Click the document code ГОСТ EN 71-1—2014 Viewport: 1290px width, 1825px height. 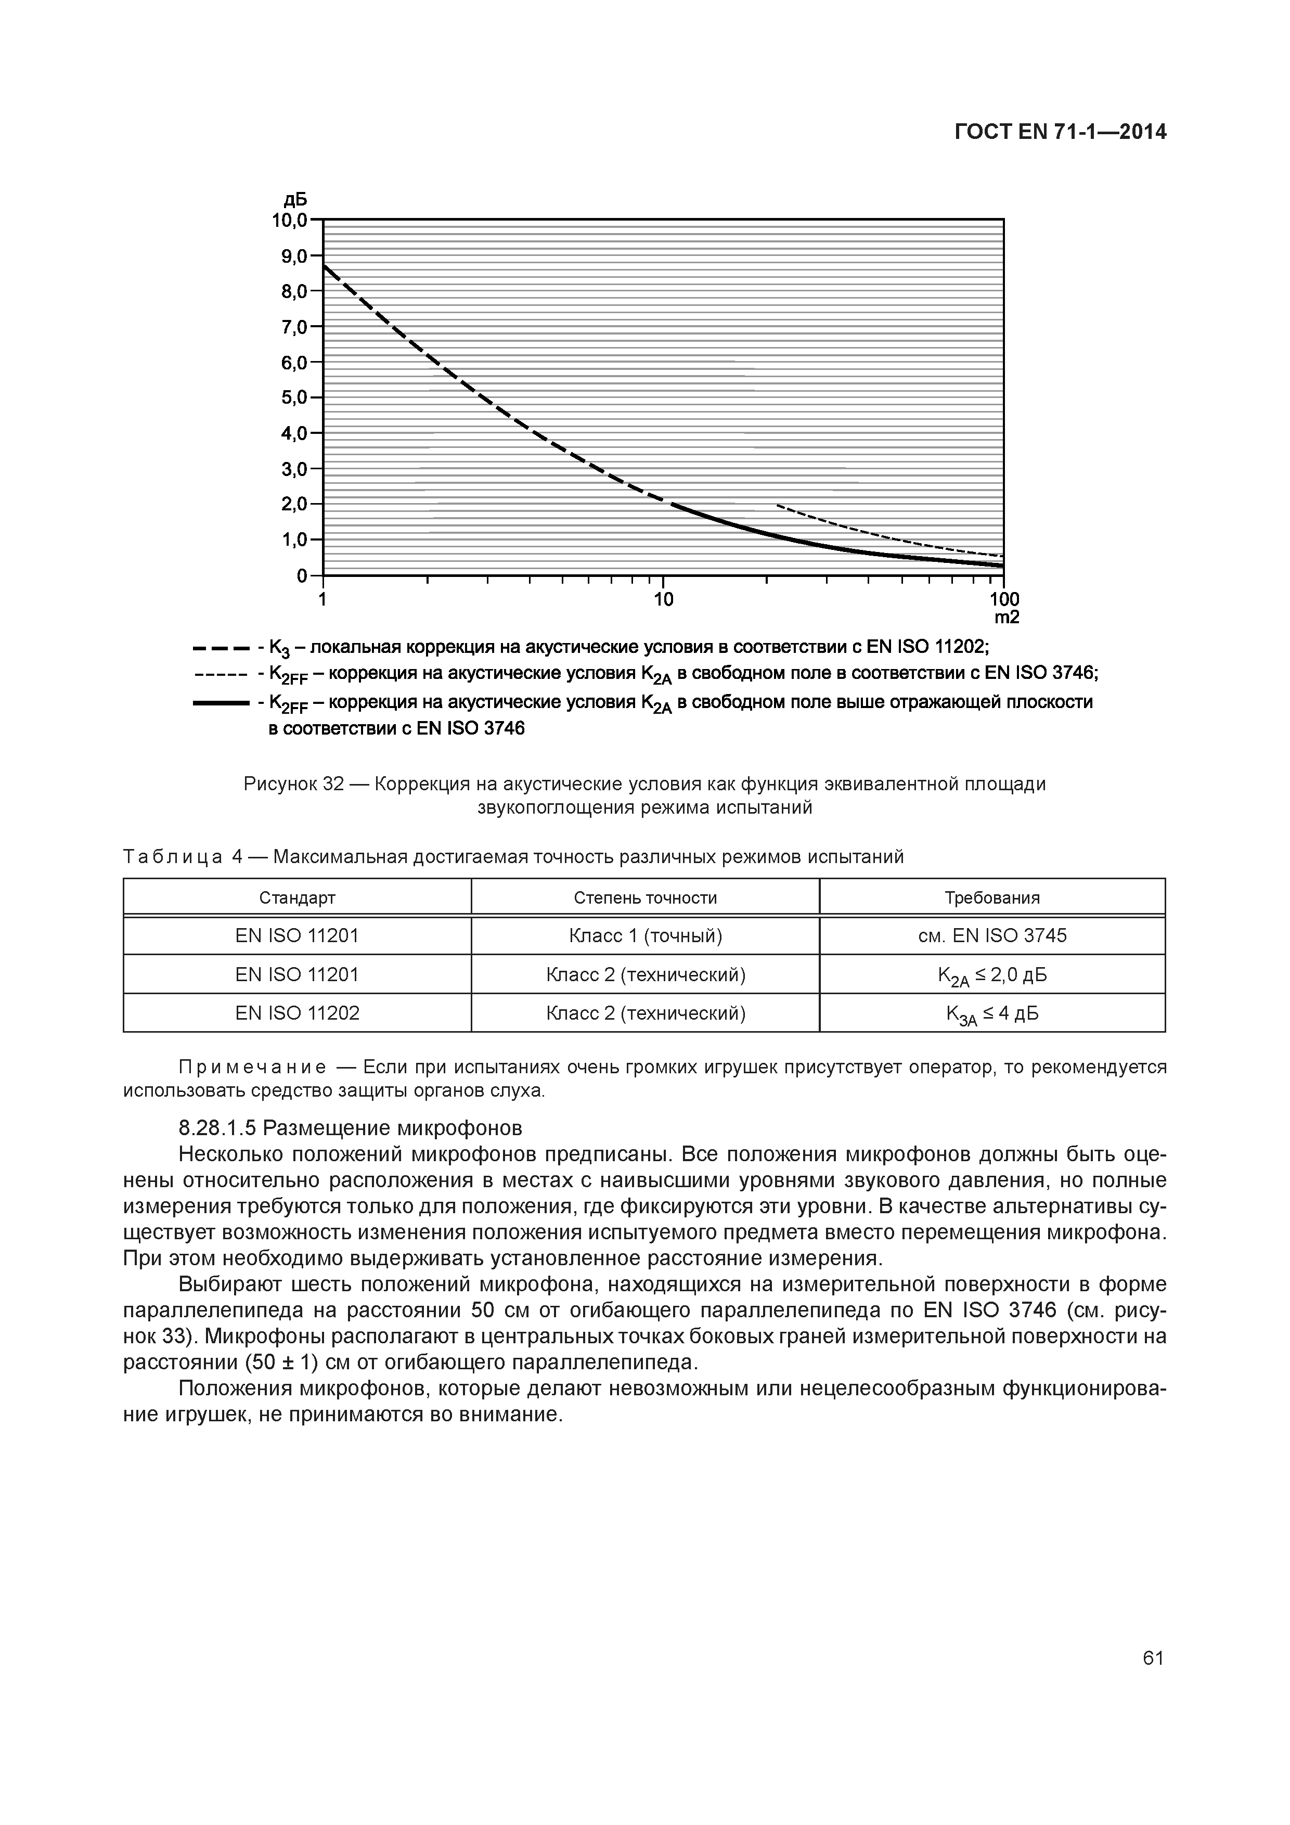click(x=1060, y=132)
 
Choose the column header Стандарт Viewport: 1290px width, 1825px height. click(x=297, y=897)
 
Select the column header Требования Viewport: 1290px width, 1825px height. click(x=992, y=897)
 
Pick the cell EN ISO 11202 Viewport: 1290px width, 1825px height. click(x=297, y=1013)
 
